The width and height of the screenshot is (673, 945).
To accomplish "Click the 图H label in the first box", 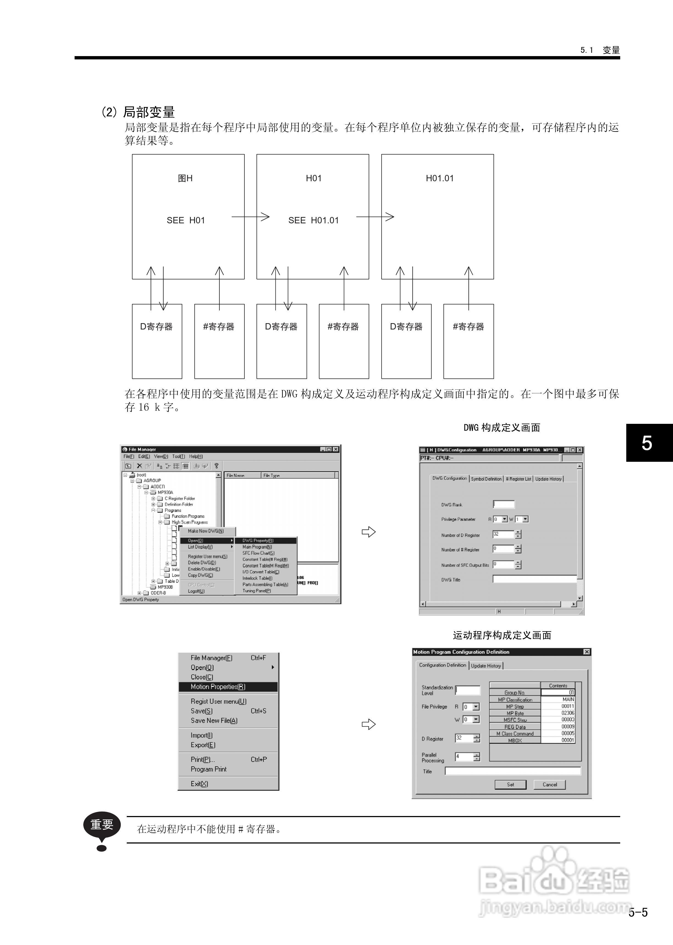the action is coord(185,178).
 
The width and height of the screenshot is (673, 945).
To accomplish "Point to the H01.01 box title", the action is coord(440,178).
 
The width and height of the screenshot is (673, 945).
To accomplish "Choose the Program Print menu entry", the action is coord(208,769).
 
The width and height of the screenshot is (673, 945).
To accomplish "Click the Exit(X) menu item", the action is coord(199,784).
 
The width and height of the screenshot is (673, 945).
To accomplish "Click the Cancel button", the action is coord(550,785).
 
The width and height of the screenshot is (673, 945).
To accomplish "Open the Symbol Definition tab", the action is coord(486,479).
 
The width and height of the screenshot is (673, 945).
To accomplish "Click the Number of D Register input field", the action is coord(503,534).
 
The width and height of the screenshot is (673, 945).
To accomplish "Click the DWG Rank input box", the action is coord(503,504).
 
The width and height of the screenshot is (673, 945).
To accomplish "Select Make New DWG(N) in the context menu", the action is coord(206,531).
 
